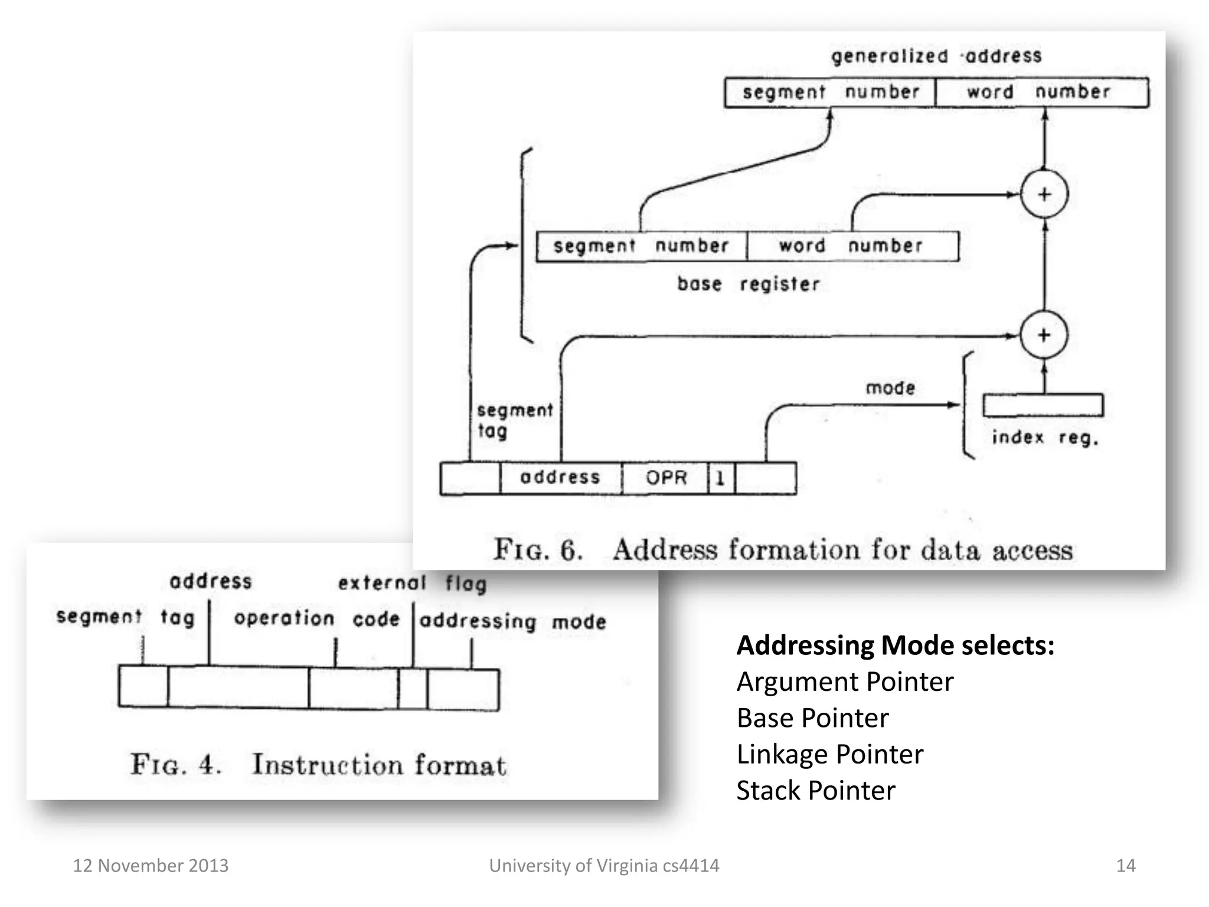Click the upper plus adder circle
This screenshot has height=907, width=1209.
point(1044,194)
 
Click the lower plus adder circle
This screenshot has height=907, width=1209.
point(1044,335)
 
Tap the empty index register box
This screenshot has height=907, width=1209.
point(1043,405)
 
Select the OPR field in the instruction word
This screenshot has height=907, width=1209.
point(665,478)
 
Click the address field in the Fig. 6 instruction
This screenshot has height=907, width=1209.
point(560,478)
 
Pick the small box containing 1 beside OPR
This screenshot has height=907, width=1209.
point(721,478)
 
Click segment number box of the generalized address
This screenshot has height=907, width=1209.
point(830,92)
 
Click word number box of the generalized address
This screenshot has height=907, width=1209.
point(1041,92)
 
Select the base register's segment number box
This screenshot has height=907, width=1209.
point(641,246)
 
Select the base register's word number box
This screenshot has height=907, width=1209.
point(852,246)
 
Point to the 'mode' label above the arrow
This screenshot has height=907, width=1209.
point(890,388)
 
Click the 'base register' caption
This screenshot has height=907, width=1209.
point(748,284)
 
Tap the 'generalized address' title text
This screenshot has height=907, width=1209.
point(936,56)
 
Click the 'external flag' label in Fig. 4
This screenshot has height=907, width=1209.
point(412,583)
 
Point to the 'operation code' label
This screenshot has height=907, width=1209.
point(316,618)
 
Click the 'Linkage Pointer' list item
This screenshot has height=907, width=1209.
point(829,754)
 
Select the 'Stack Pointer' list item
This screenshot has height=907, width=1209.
point(815,791)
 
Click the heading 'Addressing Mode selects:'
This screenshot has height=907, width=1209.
point(895,645)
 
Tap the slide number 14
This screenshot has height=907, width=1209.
point(1125,866)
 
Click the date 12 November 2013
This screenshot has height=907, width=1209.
point(151,866)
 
